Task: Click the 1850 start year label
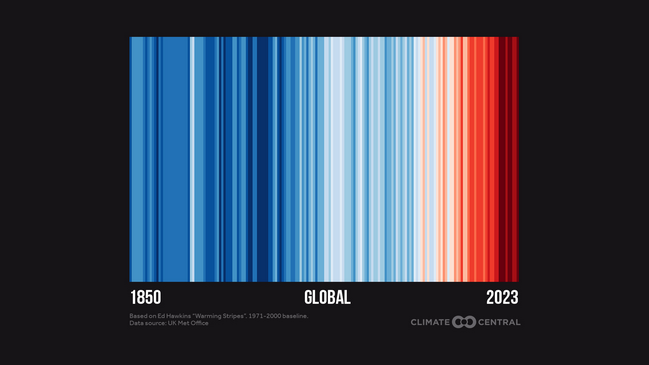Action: [146, 298]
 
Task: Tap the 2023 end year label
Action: [502, 298]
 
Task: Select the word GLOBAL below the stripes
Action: [327, 298]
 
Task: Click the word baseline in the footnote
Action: [297, 316]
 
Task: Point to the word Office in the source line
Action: [200, 323]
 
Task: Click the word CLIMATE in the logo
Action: [430, 322]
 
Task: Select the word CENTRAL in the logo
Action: [499, 322]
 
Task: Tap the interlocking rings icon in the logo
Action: [464, 322]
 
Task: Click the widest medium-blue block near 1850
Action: [175, 160]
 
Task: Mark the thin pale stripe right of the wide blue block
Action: [192, 160]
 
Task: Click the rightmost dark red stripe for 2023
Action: [516, 160]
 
